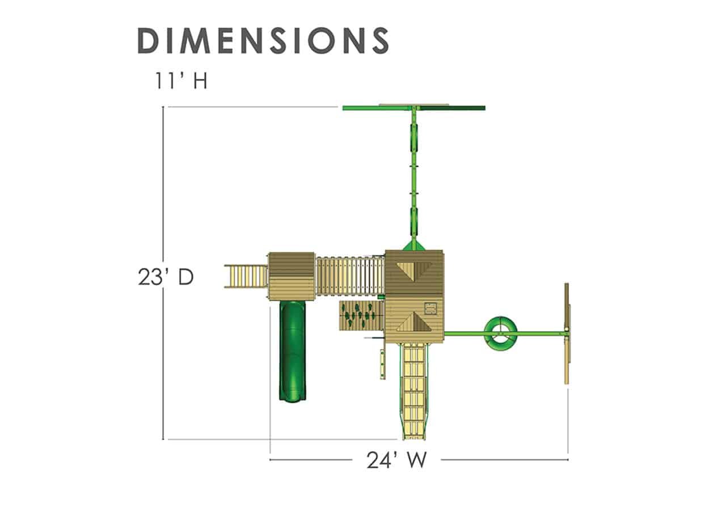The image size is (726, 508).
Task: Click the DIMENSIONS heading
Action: click(263, 41)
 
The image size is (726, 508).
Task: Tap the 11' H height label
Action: click(181, 81)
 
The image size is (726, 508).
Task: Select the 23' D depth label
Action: click(166, 277)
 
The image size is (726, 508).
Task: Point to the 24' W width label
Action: click(396, 460)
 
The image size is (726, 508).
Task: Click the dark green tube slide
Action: click(293, 350)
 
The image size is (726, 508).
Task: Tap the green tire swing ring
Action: click(501, 335)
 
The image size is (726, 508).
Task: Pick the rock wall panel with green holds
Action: click(362, 316)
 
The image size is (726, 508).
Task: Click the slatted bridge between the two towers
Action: click(350, 276)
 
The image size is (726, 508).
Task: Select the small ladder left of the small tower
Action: click(246, 276)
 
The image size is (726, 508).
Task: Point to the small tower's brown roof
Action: click(292, 277)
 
